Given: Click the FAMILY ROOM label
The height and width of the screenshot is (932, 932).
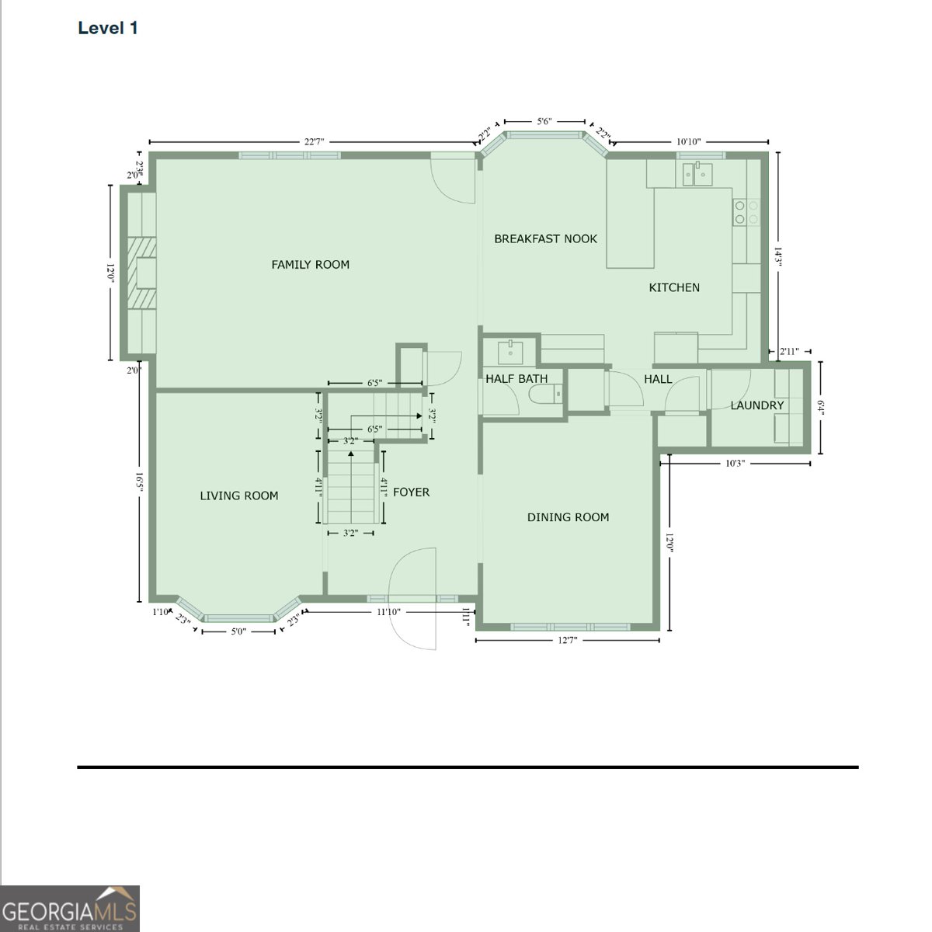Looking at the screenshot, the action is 310,265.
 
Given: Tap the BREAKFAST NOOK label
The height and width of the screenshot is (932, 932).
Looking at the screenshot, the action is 545,238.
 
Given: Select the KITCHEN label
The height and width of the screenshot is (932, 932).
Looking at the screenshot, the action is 674,287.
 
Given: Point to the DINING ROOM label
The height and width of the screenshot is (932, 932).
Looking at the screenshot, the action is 568,517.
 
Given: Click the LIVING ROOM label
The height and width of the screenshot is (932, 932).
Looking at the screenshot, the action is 239,496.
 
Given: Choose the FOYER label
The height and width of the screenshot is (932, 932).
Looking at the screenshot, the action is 411,492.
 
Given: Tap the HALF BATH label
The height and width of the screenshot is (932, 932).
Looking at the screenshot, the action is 516,379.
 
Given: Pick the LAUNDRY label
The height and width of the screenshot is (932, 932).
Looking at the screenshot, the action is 757,405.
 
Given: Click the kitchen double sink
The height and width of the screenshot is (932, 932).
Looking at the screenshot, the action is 697,174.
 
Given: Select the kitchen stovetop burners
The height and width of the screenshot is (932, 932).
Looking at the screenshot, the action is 746,212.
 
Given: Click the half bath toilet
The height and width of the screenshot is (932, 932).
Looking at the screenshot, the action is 545,395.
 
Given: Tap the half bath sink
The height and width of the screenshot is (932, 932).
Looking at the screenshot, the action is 510,352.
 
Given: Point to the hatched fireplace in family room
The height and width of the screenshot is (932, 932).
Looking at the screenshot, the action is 141,273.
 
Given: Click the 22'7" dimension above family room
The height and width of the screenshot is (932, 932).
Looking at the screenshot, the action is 314,141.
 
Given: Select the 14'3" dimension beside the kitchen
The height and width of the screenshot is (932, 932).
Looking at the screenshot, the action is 777,257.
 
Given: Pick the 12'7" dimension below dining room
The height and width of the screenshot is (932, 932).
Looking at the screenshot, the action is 567,640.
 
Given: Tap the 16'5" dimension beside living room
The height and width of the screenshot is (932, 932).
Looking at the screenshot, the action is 140,482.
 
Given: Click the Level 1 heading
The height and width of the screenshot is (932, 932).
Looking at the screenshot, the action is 108,28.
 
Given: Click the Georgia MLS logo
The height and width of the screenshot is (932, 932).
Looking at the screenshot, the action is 70,909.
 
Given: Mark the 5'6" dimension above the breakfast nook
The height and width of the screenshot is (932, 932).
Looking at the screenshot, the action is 544,121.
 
